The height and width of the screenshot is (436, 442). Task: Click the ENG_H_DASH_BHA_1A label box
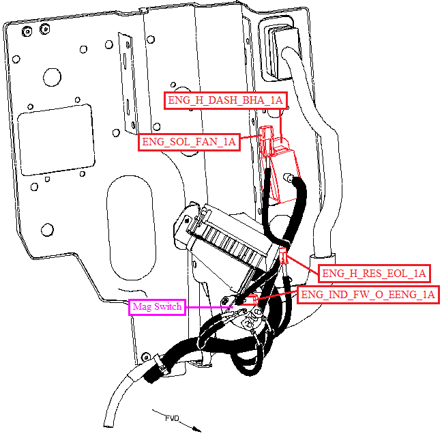[226, 100]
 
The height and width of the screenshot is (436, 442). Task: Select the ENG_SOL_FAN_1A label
[189, 142]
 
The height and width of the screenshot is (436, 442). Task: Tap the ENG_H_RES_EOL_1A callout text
[374, 274]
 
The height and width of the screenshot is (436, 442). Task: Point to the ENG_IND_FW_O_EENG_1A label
[368, 295]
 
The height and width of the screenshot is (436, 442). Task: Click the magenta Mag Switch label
[157, 307]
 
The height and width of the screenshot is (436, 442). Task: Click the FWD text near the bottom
[172, 418]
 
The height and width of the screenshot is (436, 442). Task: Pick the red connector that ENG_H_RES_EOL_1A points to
[284, 255]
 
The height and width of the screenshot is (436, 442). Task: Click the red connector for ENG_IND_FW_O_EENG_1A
[254, 299]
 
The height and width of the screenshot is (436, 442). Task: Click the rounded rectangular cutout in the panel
[57, 140]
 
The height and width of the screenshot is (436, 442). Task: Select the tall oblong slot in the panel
[132, 228]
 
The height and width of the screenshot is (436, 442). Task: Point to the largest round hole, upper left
[52, 77]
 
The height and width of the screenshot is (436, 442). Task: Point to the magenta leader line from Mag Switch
[209, 307]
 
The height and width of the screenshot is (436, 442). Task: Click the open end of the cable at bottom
[108, 425]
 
